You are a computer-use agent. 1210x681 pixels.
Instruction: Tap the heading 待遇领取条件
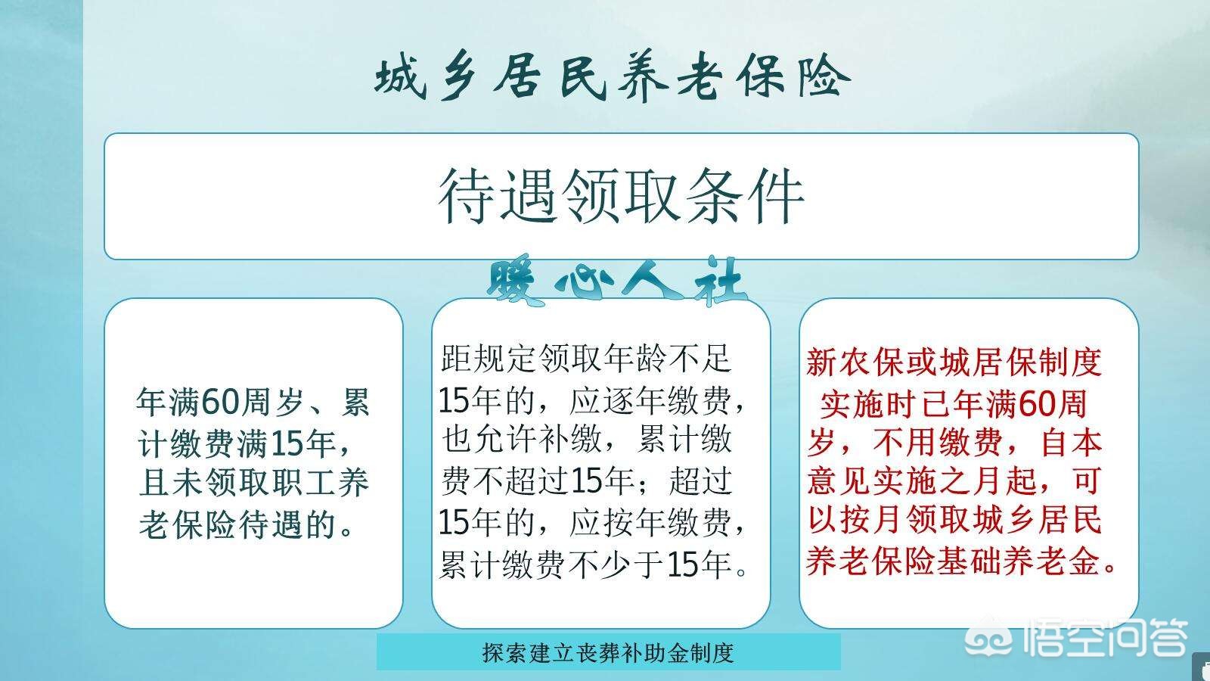621,196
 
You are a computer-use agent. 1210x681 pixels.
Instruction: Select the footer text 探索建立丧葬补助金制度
608,653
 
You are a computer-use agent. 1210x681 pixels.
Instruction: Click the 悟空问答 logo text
1106,637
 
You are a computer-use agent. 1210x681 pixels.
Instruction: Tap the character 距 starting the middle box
457,358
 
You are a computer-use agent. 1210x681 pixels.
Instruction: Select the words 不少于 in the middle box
616,564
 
